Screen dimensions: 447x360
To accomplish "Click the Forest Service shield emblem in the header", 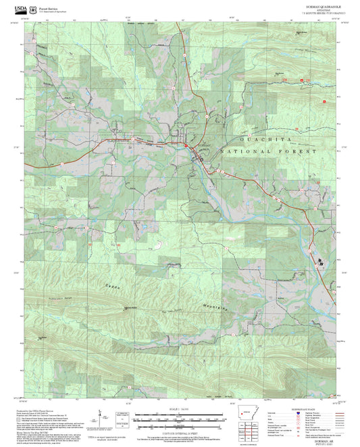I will [32, 8].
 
